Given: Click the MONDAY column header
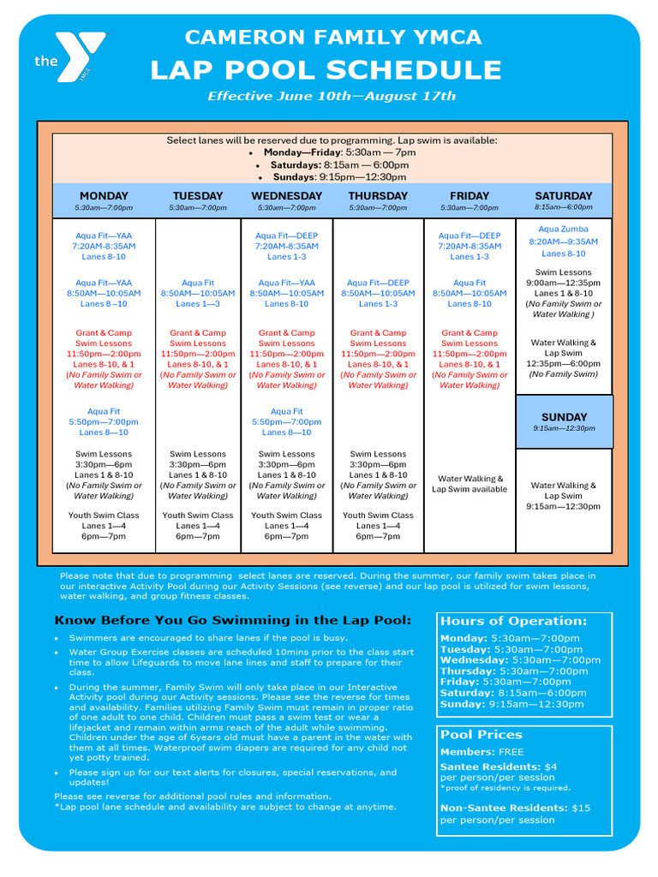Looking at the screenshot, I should (x=104, y=196).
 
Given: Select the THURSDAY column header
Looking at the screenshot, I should (x=378, y=196).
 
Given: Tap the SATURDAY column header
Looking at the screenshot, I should (x=564, y=196).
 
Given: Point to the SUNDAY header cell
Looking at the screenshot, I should (x=564, y=417).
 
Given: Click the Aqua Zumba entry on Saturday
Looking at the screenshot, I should (x=564, y=242).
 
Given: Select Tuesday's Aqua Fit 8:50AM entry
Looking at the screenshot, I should (x=198, y=293).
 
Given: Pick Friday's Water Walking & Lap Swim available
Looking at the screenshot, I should (x=470, y=484).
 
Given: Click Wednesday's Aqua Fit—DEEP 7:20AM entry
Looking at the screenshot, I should (x=286, y=246).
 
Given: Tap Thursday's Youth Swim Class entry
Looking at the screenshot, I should (x=378, y=526).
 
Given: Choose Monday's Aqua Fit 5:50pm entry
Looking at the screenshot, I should (x=104, y=422).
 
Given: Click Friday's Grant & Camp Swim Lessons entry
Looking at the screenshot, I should (x=470, y=359).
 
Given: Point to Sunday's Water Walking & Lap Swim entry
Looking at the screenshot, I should (x=564, y=496).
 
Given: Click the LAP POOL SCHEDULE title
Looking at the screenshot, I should (x=326, y=70).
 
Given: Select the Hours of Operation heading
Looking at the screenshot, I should (x=513, y=621).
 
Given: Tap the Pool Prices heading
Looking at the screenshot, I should (x=482, y=735).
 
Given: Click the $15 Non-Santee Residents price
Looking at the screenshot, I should (x=581, y=808).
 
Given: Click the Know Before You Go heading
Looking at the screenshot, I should (x=233, y=620).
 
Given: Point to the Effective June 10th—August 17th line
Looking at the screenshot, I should (x=332, y=97).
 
